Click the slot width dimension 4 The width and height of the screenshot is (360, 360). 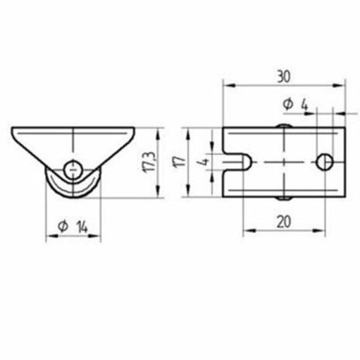[x=204, y=162]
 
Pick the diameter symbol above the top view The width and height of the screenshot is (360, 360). [x=287, y=103]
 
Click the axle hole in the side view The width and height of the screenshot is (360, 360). [x=73, y=166]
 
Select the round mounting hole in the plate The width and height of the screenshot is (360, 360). [x=325, y=162]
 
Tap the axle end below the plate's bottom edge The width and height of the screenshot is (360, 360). [x=283, y=199]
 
